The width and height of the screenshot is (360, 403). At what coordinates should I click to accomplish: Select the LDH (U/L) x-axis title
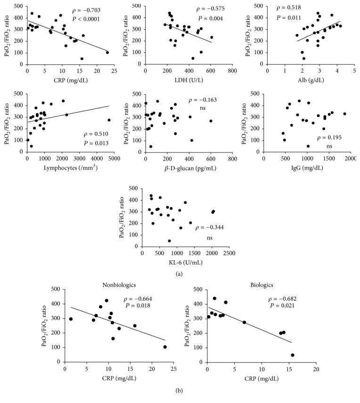point(188,73)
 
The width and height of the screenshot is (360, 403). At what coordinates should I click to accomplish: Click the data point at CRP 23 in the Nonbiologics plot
point(165,347)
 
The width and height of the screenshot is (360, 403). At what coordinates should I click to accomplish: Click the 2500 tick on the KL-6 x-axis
point(229,241)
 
